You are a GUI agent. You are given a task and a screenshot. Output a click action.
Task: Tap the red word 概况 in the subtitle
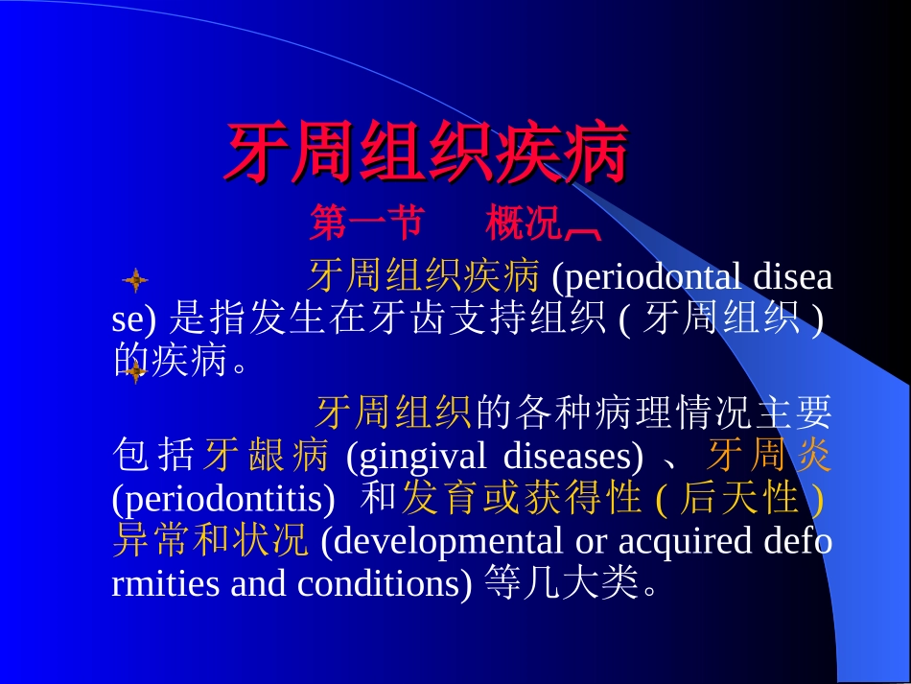tap(524, 224)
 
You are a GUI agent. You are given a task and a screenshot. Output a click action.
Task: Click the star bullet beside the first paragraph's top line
tap(136, 281)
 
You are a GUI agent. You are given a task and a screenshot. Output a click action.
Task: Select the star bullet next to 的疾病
tap(136, 370)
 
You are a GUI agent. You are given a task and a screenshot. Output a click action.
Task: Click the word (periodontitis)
tap(223, 499)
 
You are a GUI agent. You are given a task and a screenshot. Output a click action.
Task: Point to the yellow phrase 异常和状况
tap(210, 541)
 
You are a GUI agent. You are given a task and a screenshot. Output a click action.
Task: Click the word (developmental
tap(442, 541)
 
